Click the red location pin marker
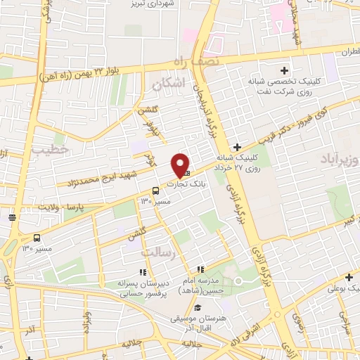coord(181,165)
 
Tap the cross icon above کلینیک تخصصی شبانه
coord(284,70)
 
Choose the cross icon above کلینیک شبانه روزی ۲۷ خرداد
coord(237,147)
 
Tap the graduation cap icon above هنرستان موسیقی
coord(198,308)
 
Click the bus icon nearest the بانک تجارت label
coord(155,191)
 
